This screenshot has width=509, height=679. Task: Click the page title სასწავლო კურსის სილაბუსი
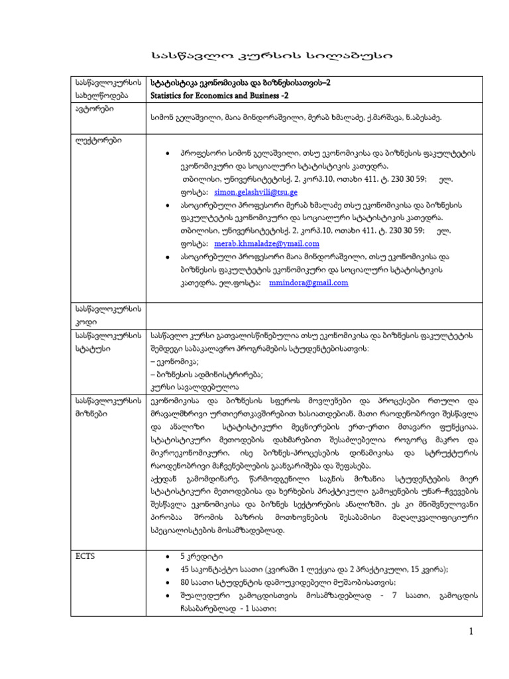(x=254, y=57)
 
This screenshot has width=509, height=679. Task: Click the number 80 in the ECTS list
(x=184, y=582)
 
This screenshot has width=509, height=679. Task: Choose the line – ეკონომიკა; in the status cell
(x=176, y=361)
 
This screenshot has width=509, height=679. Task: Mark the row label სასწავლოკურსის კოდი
(x=105, y=316)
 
